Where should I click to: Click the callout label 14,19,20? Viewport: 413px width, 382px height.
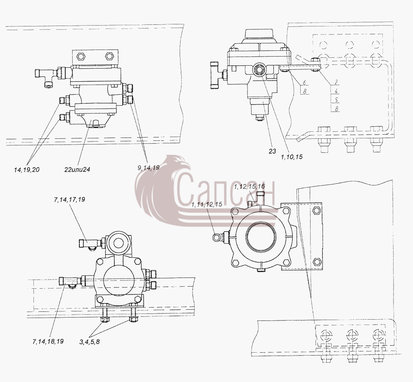point(26,170)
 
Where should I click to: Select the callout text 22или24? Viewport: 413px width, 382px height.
point(77,169)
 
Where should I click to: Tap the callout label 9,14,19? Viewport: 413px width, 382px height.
point(149,167)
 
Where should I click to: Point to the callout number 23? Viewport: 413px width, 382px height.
point(272,151)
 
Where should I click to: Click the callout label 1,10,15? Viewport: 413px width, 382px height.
point(292,157)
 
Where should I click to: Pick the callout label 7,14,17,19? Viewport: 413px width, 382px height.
point(69,200)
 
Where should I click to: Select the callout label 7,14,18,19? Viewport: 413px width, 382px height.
point(48,342)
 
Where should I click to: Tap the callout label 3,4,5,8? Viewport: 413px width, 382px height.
point(90,342)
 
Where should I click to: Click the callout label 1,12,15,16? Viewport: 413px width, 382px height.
point(249,187)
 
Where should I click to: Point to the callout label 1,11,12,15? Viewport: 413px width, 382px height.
point(207,204)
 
